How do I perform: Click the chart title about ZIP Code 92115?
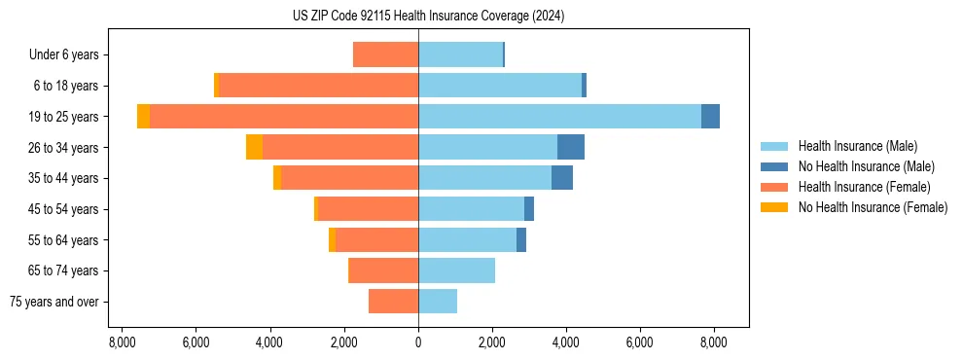pos(428,17)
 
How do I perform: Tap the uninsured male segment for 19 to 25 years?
pos(710,117)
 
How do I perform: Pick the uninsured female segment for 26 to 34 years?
pos(254,147)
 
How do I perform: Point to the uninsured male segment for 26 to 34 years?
pos(571,147)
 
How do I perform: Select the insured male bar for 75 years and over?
pos(438,302)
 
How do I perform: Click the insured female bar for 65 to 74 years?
pos(383,270)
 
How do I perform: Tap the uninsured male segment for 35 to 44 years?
pos(562,178)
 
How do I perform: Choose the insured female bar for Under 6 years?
pos(385,54)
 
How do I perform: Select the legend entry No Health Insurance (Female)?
pos(873,207)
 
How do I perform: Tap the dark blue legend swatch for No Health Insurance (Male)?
pos(774,166)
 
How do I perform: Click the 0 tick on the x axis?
pos(418,342)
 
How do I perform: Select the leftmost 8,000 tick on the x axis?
pos(122,342)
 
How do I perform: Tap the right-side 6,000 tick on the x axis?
pos(640,342)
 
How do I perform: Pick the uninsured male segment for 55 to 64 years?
pos(521,239)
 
